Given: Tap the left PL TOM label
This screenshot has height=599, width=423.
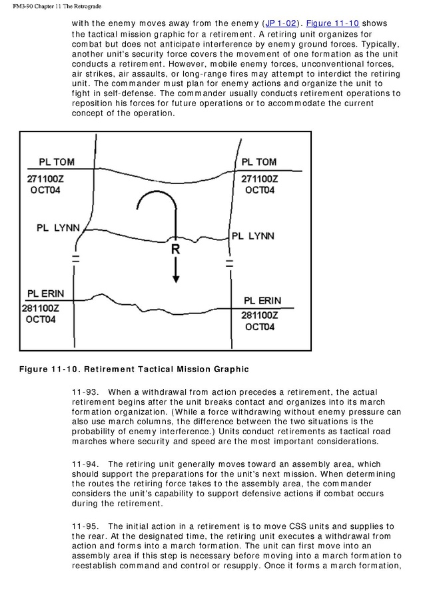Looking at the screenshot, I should pyautogui.click(x=57, y=162).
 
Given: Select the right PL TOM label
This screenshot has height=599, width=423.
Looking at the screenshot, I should pyautogui.click(x=258, y=162).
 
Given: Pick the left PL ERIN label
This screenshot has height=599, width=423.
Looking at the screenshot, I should pyautogui.click(x=47, y=294).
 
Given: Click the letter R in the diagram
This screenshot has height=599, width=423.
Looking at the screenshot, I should pyautogui.click(x=175, y=249).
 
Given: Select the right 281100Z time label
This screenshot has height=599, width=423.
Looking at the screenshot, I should pyautogui.click(x=259, y=316).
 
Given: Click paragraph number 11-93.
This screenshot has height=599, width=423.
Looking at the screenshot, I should pyautogui.click(x=85, y=391).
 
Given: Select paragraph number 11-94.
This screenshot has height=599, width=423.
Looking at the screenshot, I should pyautogui.click(x=85, y=464).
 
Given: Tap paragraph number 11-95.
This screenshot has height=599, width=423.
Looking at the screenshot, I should pyautogui.click(x=85, y=526).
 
